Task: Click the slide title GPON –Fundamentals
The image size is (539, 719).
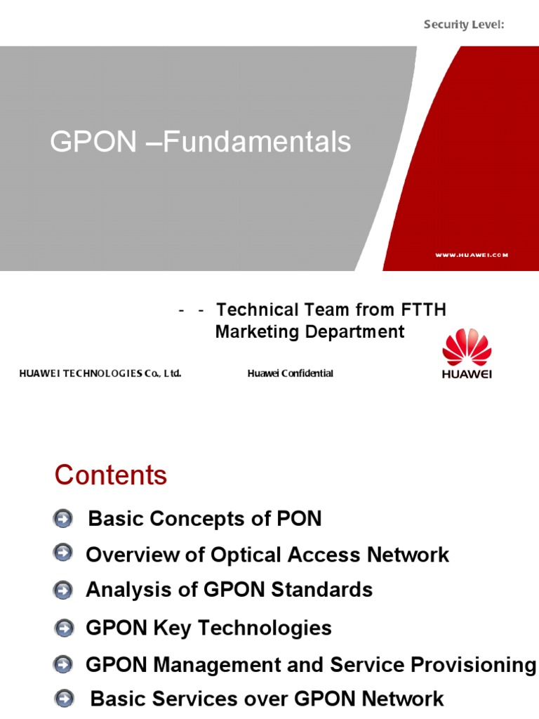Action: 200,143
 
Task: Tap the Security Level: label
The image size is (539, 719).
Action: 465,25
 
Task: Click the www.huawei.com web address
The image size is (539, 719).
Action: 471,255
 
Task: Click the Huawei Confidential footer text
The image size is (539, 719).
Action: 290,374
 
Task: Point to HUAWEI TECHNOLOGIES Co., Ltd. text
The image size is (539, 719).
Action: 100,374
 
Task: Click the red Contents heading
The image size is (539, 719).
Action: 111,475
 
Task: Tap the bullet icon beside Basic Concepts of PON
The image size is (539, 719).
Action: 62,520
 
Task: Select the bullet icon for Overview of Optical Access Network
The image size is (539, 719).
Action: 62,554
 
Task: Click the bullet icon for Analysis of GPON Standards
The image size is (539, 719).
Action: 62,591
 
